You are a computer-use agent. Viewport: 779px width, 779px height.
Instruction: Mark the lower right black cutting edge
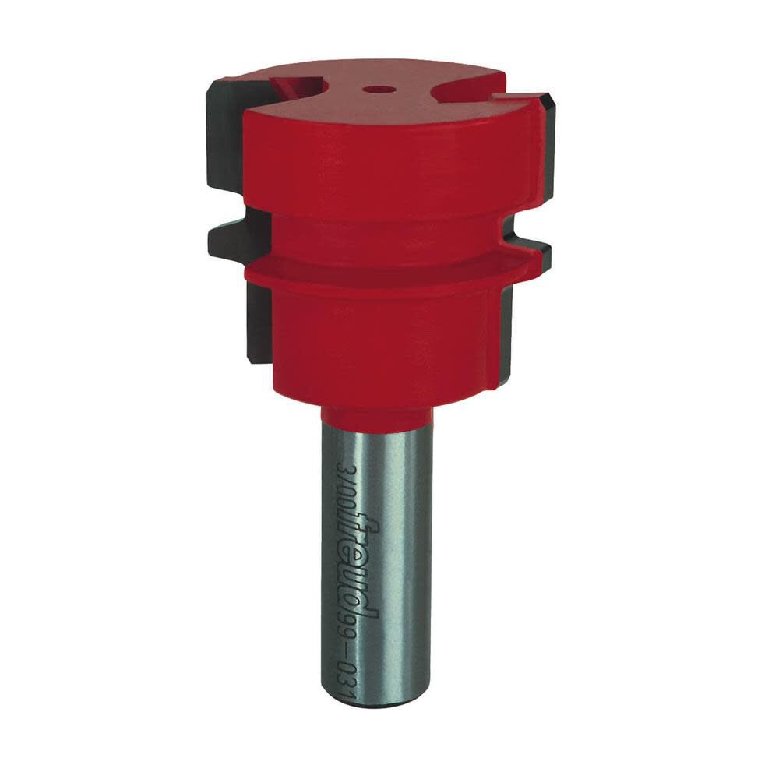(x=502, y=327)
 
